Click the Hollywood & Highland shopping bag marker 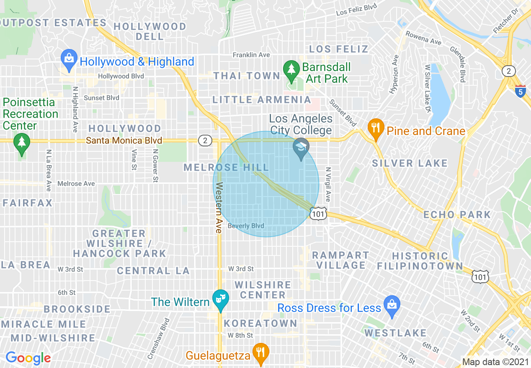(69, 59)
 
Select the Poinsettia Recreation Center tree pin (21, 143)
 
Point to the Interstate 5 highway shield (520, 91)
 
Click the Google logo (28, 358)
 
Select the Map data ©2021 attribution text (495, 362)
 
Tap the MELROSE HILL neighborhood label (226, 168)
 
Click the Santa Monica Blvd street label (124, 141)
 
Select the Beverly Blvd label (246, 226)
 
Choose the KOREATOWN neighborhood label (260, 323)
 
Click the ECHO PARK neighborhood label (457, 215)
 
